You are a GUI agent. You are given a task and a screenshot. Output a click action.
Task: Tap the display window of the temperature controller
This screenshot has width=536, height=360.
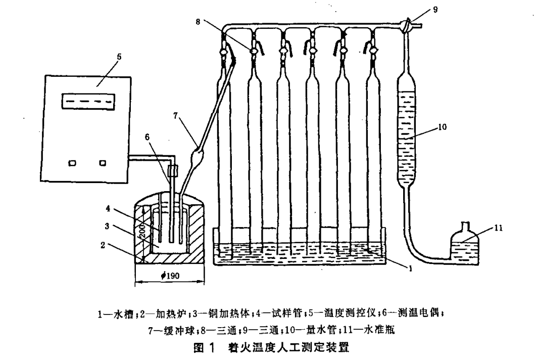click(84, 101)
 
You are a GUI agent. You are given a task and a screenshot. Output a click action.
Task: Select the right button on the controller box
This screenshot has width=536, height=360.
click(104, 163)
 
